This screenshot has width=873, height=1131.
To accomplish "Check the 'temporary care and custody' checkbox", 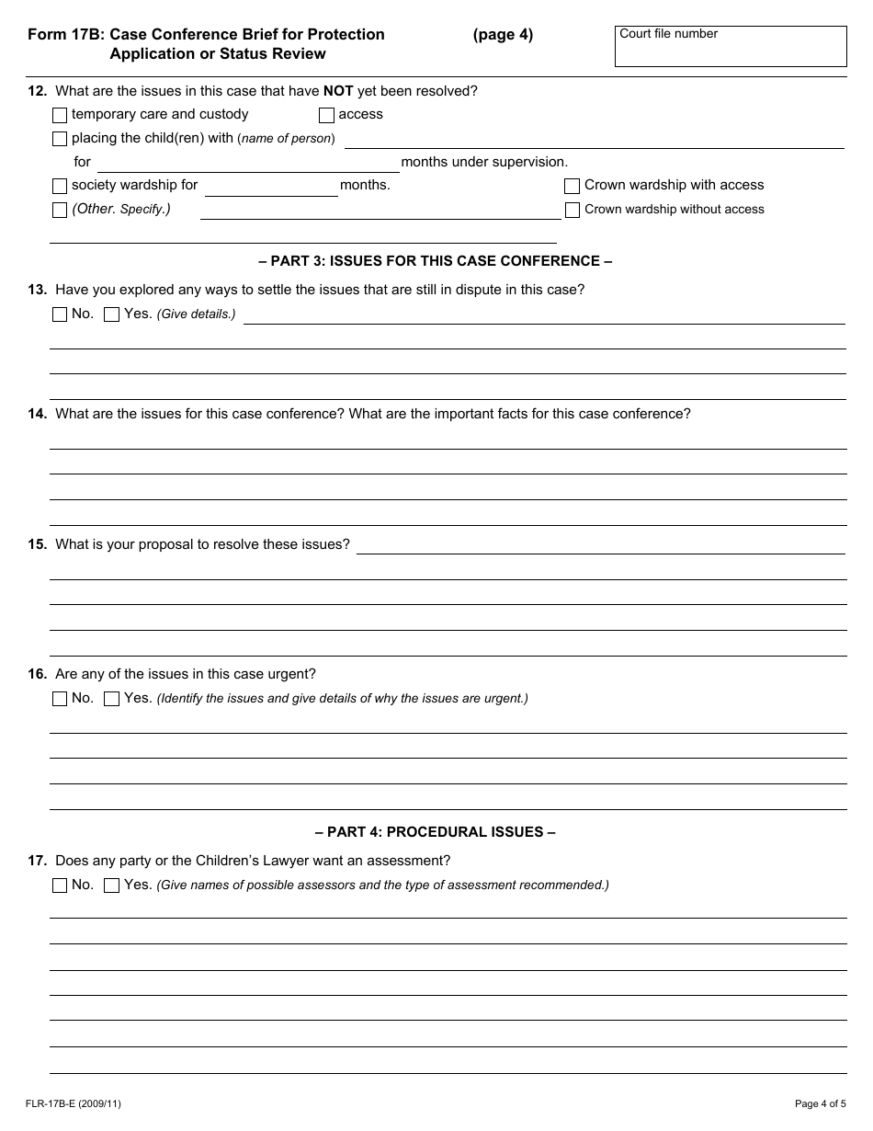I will click(60, 115).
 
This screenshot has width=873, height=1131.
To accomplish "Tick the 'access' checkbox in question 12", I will click(326, 115).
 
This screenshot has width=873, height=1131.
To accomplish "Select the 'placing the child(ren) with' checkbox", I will click(60, 139).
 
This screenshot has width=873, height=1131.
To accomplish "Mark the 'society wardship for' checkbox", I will click(60, 186).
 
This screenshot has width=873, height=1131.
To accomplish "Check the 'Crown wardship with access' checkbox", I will click(572, 186).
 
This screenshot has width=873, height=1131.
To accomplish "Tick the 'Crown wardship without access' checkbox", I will click(572, 210).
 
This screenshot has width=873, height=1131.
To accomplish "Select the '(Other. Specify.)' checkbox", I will click(60, 210).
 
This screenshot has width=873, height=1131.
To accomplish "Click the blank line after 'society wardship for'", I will click(271, 188).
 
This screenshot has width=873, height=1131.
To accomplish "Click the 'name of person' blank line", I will click(594, 140).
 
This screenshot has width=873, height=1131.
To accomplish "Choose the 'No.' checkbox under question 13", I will click(60, 314).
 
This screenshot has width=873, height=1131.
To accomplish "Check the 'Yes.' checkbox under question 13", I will click(111, 314).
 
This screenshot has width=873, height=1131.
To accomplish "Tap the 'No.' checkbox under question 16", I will click(60, 699).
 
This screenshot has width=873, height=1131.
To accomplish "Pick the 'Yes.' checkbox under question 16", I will click(111, 699).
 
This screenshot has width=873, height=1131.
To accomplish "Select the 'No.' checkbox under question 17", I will click(60, 885).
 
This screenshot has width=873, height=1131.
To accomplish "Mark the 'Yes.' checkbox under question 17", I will click(111, 885).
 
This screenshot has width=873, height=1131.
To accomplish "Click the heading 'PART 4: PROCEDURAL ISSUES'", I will click(436, 832).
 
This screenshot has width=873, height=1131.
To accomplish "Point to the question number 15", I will click(37, 544).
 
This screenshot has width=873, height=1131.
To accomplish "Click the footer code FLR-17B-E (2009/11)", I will click(74, 1103).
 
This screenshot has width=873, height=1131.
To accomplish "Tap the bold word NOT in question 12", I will click(338, 91).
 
